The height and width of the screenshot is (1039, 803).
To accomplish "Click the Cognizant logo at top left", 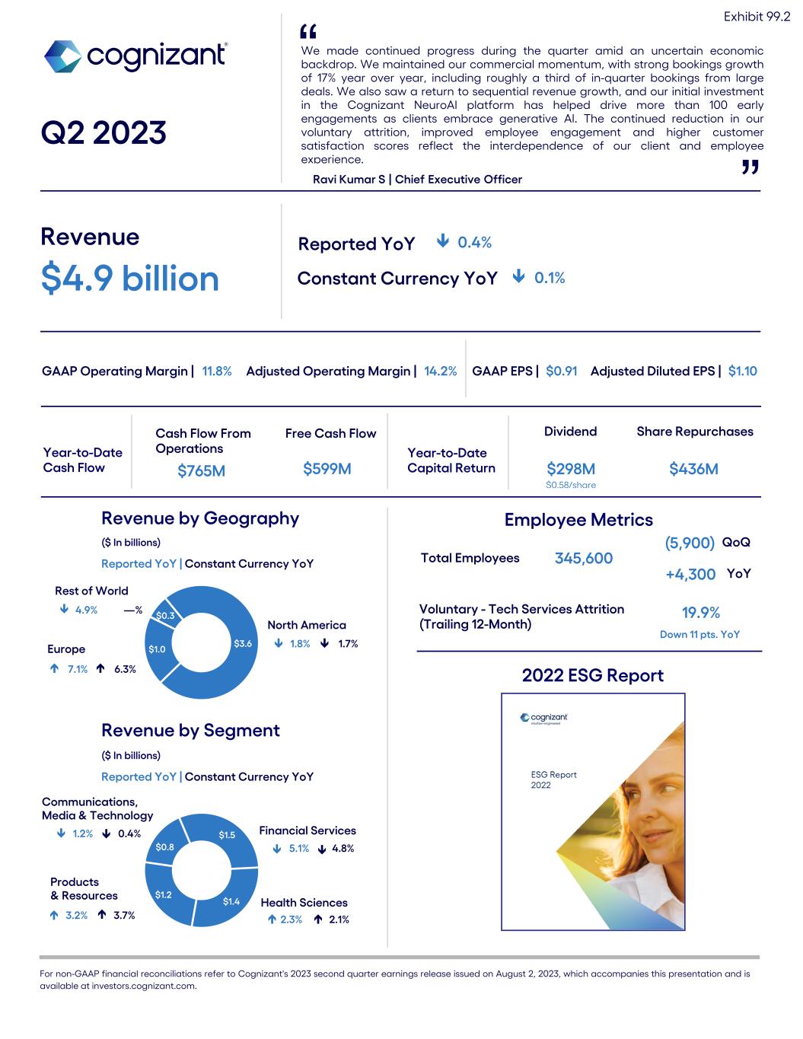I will pos(135,56).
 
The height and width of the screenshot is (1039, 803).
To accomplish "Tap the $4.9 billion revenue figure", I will pos(129,279).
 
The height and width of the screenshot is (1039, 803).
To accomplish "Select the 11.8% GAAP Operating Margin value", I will pos(217,371).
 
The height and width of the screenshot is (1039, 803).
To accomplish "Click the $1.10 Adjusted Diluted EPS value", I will pos(742,371).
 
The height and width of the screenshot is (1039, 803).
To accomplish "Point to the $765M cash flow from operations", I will pos(201,471).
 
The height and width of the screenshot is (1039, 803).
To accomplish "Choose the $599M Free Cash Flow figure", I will pos(327,469).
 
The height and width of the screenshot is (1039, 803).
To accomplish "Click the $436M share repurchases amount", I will pos(693,469).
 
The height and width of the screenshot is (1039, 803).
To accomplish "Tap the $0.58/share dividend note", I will pos(571,485).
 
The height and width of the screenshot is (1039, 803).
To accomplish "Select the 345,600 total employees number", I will pos(583,559).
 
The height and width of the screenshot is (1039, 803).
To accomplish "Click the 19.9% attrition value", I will pos(700,614).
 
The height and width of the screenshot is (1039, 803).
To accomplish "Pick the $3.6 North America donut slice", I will pos(243,644).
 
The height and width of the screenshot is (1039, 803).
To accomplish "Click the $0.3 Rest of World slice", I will pos(165,615).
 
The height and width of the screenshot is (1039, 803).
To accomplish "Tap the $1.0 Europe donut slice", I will pos(157,649).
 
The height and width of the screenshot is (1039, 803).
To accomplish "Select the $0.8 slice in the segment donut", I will pos(164,846).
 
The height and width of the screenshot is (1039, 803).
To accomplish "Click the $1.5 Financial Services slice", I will pos(227,835).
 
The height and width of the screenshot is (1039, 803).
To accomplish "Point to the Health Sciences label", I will pos(304,903).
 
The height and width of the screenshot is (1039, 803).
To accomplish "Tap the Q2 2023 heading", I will pos(104,133).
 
